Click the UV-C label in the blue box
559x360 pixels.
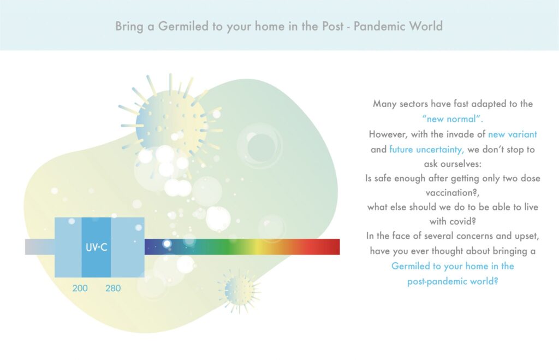click(x=96, y=247)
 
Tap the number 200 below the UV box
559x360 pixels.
click(x=80, y=288)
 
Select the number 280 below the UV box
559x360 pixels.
click(x=113, y=288)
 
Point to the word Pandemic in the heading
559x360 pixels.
click(x=379, y=26)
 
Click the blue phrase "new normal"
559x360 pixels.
click(x=453, y=119)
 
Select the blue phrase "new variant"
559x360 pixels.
click(x=512, y=134)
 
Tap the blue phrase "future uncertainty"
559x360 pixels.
click(x=427, y=149)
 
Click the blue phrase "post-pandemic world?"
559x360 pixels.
click(x=453, y=281)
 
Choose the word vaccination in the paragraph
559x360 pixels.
click(x=451, y=193)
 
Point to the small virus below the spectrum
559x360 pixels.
click(x=239, y=291)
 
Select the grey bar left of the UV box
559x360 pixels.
click(x=39, y=247)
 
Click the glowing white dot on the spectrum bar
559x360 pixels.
click(x=167, y=244)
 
